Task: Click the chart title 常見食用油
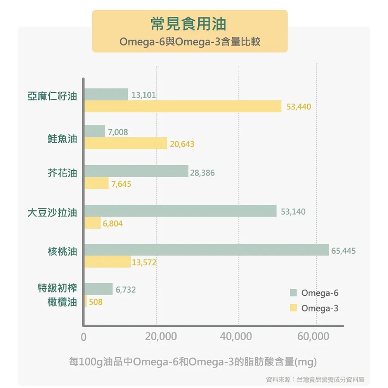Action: click(x=189, y=24)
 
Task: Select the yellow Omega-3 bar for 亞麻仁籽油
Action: click(x=183, y=106)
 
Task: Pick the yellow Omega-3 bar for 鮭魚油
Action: click(x=126, y=143)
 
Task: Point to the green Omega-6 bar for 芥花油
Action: click(x=136, y=171)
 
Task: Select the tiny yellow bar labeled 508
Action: click(x=86, y=301)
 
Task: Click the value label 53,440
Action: click(x=299, y=107)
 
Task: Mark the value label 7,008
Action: click(x=118, y=132)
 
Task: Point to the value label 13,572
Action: click(x=144, y=263)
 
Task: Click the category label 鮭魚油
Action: click(x=62, y=139)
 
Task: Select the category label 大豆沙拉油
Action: click(x=52, y=213)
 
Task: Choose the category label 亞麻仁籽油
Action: click(x=52, y=96)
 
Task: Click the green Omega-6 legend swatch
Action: click(x=293, y=293)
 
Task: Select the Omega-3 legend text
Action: click(x=319, y=308)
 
